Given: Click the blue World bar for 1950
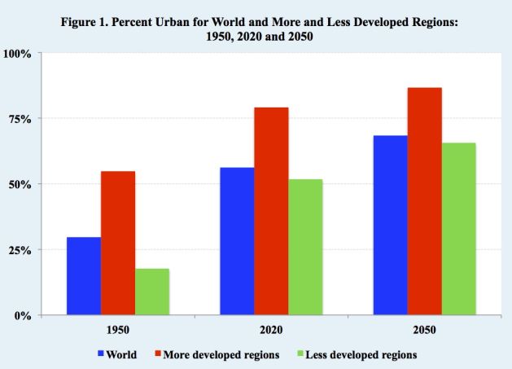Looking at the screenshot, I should pos(84,276).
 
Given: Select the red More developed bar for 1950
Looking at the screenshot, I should pos(118,243).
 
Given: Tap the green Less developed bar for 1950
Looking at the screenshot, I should pos(152,292).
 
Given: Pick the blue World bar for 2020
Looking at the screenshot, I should pos(237,241).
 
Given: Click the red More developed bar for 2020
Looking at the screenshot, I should pos(271,211).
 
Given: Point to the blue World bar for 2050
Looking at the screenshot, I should pos(390,225).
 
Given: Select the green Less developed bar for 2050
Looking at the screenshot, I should pos(458,229).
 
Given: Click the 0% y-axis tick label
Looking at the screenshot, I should pos(22,315).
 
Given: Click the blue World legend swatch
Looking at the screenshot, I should pos(101,354).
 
